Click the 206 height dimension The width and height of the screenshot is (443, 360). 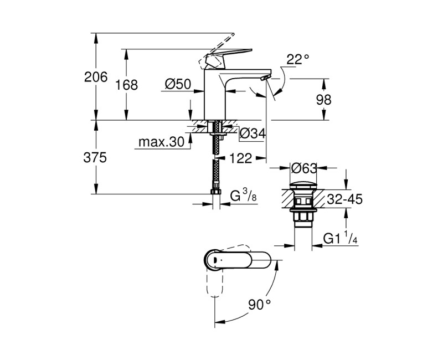(96, 78)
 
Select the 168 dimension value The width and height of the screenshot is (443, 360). (127, 85)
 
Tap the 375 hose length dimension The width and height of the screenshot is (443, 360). (95, 157)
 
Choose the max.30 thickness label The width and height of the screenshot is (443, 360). (161, 142)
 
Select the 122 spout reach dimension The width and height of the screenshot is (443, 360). (240, 158)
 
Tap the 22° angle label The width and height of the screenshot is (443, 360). (297, 59)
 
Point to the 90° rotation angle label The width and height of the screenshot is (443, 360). (259, 304)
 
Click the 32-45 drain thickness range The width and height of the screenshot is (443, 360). (343, 199)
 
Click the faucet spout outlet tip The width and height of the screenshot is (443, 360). (266, 76)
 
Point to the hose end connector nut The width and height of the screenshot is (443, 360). (216, 192)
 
